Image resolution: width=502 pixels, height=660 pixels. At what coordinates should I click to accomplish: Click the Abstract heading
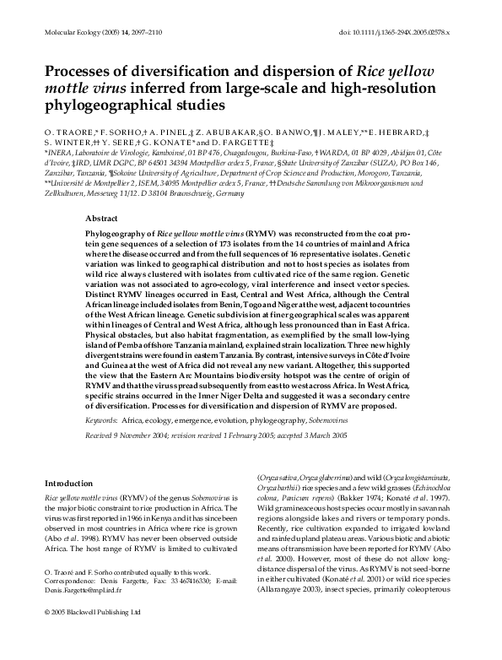point(102,217)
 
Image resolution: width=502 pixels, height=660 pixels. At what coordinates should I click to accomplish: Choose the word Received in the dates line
point(102,435)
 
